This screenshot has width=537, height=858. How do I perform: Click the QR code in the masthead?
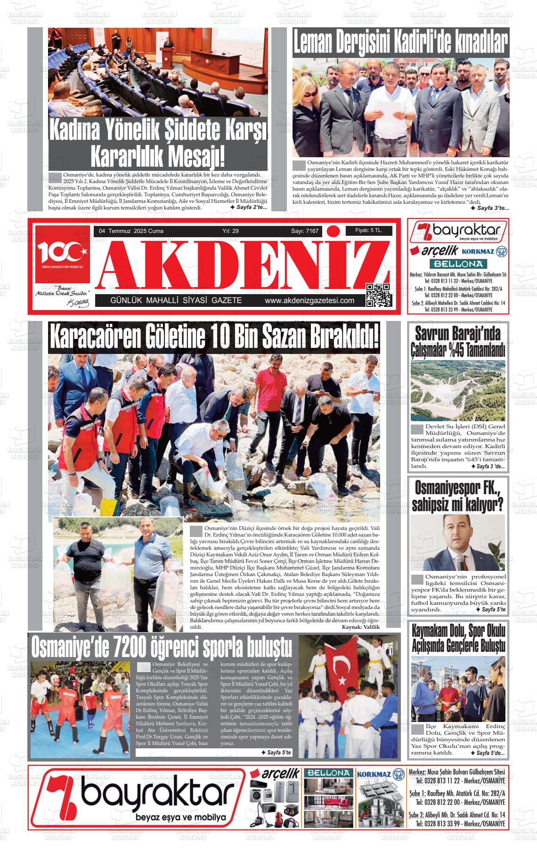(378, 295)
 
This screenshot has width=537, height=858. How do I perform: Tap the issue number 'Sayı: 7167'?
(305, 231)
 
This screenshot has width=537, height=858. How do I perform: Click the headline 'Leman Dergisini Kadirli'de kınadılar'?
(400, 43)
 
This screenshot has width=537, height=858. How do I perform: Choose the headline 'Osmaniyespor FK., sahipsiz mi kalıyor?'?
(457, 496)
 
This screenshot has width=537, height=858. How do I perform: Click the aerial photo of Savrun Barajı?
(458, 390)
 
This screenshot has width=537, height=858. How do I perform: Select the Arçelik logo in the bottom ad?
(275, 774)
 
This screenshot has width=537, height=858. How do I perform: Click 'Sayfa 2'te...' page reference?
(248, 207)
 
